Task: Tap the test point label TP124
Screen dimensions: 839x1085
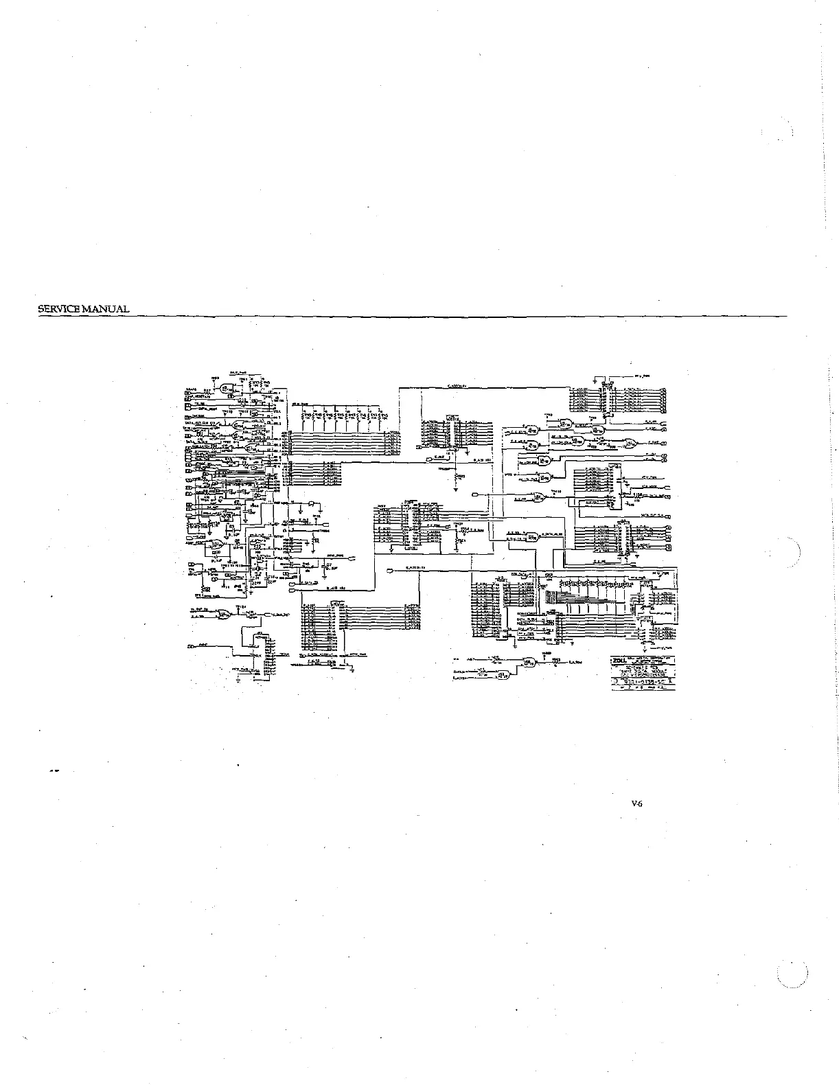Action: [240, 607]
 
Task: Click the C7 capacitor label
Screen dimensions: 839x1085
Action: [329, 564]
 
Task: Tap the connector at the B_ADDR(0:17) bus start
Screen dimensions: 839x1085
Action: [390, 571]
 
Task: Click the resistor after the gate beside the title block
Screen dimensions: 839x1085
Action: [558, 662]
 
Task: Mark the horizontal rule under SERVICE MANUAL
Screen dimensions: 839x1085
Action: [412, 316]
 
